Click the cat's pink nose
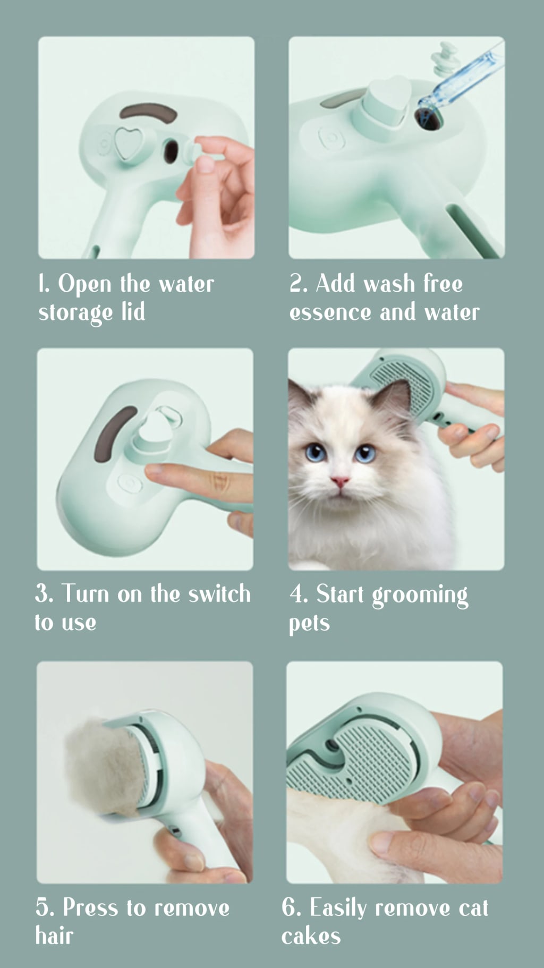point(339,482)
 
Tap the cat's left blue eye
point(316,453)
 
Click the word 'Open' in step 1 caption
point(84,284)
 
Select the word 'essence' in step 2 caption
point(330,312)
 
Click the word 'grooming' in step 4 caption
point(420,596)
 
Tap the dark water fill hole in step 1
point(170,151)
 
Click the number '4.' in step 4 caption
point(298,594)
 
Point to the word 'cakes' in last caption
point(311,936)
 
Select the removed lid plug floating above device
point(445,60)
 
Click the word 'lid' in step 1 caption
point(133,312)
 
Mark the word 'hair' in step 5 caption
point(54,936)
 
